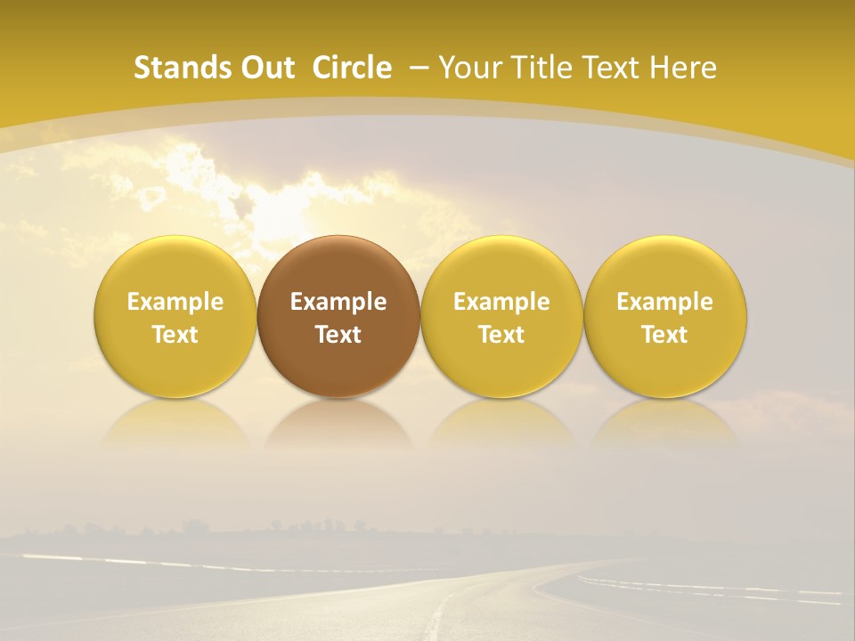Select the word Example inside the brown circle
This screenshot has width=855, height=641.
(338, 302)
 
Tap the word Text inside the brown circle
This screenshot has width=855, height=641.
(338, 335)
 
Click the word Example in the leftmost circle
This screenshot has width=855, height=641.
(175, 302)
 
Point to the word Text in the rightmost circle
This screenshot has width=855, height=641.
(665, 335)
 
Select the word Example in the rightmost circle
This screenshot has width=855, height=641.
(665, 302)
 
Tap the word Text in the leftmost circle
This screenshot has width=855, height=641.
(175, 335)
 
